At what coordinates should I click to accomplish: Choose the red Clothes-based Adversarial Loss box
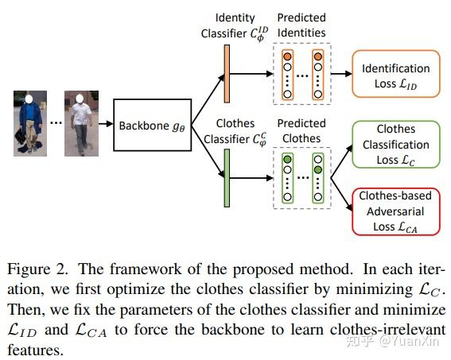point(395,210)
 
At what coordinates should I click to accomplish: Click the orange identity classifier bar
point(227,74)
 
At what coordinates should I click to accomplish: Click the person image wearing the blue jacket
point(29,124)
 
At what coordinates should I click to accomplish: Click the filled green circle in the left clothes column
point(286,159)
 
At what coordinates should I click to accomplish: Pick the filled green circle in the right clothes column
point(318,169)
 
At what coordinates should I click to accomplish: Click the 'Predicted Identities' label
point(301,25)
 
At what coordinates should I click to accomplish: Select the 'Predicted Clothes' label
point(301,130)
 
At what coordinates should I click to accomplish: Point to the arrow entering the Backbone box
point(104,126)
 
